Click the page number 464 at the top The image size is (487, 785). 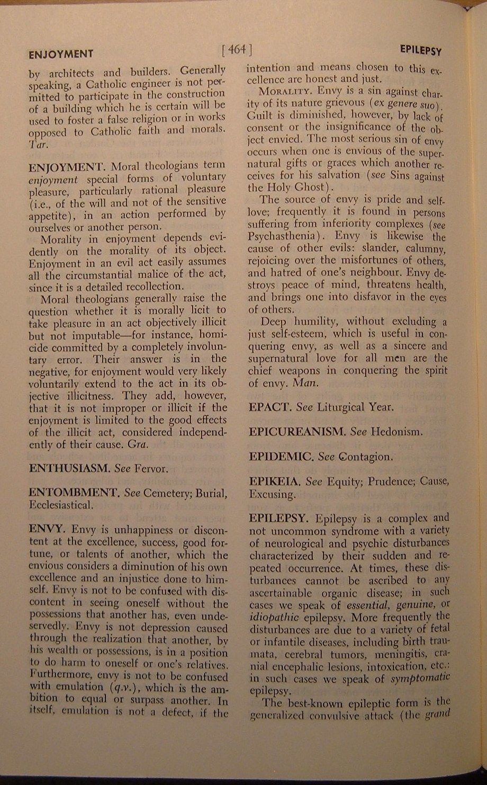tap(237, 50)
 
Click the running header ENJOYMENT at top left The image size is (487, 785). tap(61, 54)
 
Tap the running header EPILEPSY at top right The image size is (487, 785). tap(421, 51)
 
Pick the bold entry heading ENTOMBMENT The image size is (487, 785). tap(73, 493)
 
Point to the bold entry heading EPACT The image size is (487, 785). tap(268, 407)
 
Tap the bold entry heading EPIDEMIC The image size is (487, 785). tap(281, 456)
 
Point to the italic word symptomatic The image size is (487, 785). tap(423, 678)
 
